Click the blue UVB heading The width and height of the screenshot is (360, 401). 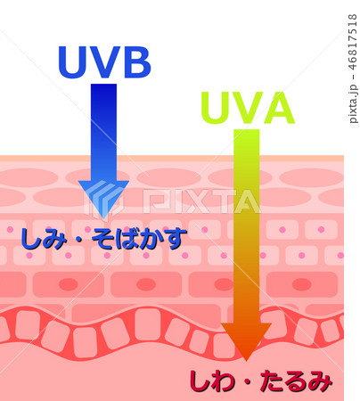[104, 62]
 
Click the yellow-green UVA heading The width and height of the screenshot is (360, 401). [248, 107]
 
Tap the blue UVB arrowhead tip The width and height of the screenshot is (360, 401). [103, 219]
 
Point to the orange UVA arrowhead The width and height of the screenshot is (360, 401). [246, 341]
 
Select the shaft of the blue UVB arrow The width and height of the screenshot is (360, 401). [103, 133]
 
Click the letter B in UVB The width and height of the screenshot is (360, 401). [137, 62]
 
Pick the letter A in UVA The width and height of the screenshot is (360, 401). [278, 107]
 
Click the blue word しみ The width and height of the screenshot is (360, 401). [43, 239]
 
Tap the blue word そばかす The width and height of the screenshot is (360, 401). [139, 239]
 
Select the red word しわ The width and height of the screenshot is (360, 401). [212, 381]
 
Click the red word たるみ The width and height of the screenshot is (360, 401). [296, 381]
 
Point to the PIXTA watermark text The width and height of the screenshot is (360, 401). [201, 201]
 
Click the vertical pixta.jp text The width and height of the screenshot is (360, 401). [353, 104]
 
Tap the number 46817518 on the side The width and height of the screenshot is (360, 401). [353, 42]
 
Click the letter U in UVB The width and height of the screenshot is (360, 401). [72, 62]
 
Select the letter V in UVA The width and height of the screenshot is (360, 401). [246, 107]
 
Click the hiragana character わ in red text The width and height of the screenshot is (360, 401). [224, 381]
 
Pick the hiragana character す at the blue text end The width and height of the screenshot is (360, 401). [176, 240]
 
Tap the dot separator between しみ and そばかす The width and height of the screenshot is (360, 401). [79, 240]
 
